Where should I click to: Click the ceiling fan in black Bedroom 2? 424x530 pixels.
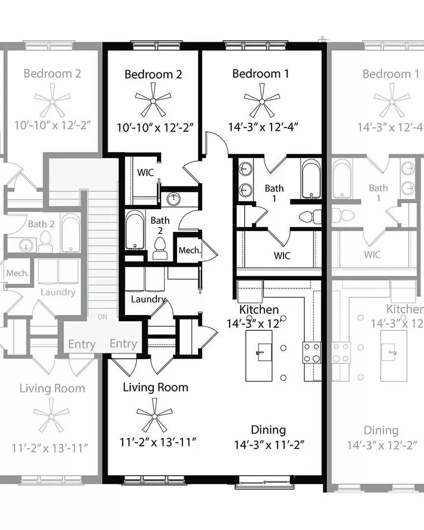pyautogui.click(x=153, y=101)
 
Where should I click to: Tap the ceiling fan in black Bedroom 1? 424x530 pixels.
pyautogui.click(x=262, y=101)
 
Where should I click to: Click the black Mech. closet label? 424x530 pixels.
pyautogui.click(x=190, y=250)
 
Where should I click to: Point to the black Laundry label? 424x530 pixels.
pyautogui.click(x=148, y=299)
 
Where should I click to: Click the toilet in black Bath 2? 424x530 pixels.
pyautogui.click(x=159, y=248)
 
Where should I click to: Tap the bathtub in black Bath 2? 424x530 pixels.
pyautogui.click(x=135, y=230)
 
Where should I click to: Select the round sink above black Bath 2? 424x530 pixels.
pyautogui.click(x=173, y=199)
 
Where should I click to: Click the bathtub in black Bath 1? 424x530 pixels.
pyautogui.click(x=311, y=179)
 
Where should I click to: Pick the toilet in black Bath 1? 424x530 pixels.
pyautogui.click(x=310, y=217)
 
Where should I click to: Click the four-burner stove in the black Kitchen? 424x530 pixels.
pyautogui.click(x=312, y=352)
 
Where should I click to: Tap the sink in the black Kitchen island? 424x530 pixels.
pyautogui.click(x=265, y=352)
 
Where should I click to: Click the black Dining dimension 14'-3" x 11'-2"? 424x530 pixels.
pyautogui.click(x=269, y=445)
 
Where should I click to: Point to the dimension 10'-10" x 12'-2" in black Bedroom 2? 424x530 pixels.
pyautogui.click(x=155, y=128)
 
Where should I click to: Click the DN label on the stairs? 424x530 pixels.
pyautogui.click(x=103, y=317)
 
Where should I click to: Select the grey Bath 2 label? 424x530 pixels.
pyautogui.click(x=41, y=224)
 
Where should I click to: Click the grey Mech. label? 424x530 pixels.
pyautogui.click(x=18, y=273)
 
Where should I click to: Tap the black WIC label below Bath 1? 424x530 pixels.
pyautogui.click(x=282, y=256)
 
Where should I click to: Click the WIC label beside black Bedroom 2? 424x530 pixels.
pyautogui.click(x=145, y=172)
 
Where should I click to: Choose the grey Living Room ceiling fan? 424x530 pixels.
pyautogui.click(x=51, y=416)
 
